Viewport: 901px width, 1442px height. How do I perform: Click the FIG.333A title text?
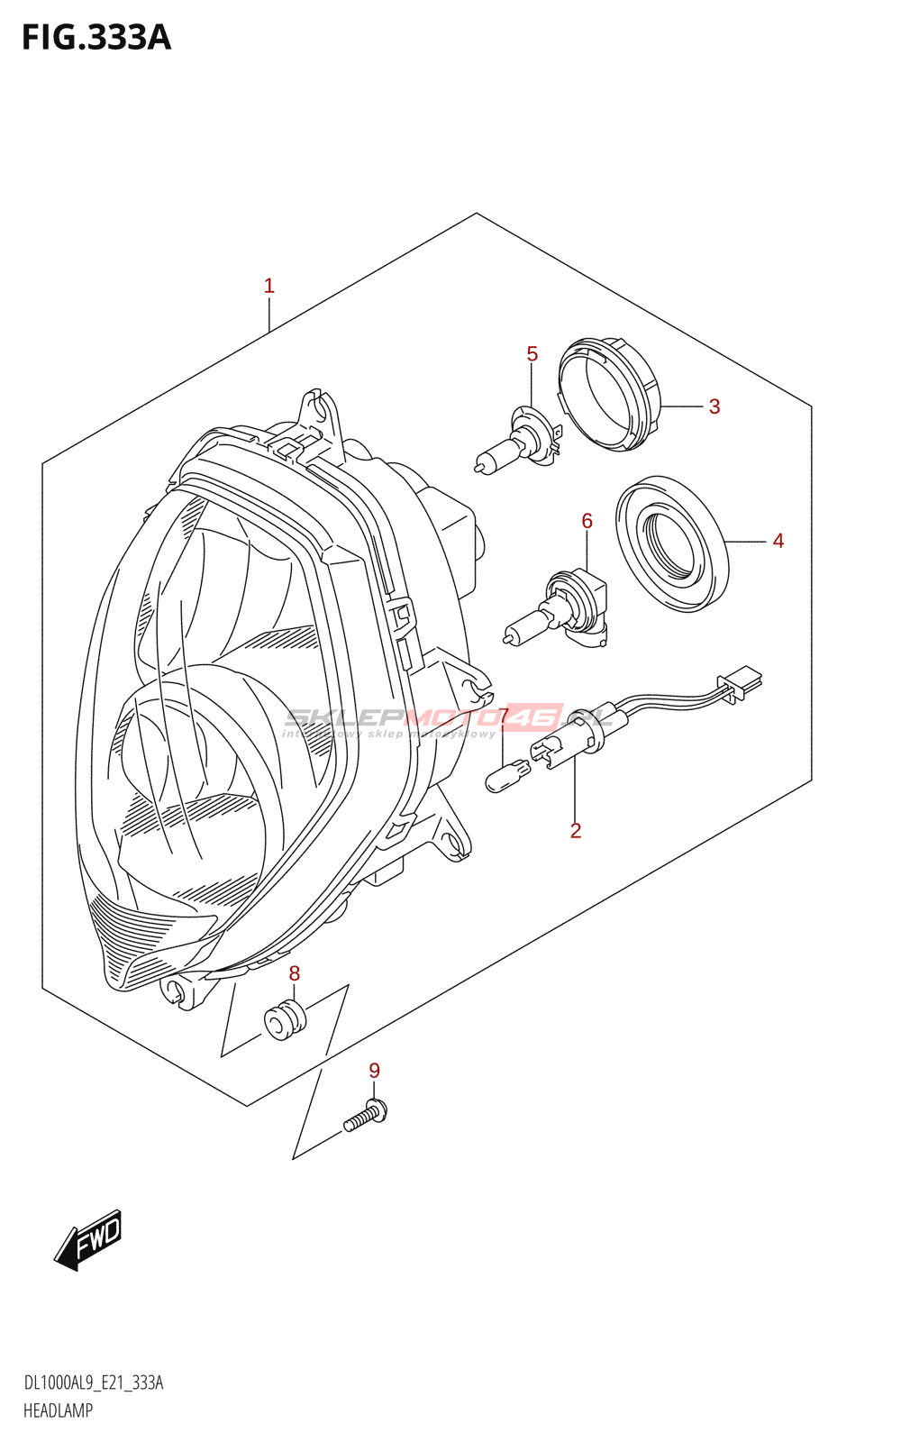click(x=96, y=38)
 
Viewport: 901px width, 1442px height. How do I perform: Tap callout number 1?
click(x=268, y=286)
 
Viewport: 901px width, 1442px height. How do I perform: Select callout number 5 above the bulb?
click(x=532, y=354)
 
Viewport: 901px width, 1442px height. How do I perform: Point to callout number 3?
click(x=714, y=406)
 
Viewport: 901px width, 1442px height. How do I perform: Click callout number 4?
click(x=778, y=541)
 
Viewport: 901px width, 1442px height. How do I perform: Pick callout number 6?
click(x=587, y=521)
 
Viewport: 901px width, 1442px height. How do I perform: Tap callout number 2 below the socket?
click(x=576, y=830)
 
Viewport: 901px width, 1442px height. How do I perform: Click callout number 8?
click(x=295, y=973)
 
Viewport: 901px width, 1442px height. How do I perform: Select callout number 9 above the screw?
click(x=375, y=1071)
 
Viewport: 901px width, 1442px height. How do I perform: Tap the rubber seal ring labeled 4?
click(x=672, y=543)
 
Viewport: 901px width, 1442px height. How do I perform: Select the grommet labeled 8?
click(x=286, y=1020)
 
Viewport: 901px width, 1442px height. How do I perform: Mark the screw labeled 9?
click(x=366, y=1116)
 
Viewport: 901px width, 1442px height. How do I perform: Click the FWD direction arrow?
click(x=88, y=1240)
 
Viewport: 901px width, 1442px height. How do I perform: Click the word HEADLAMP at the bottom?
click(x=58, y=1410)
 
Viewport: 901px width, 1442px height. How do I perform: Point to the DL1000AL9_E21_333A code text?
click(x=94, y=1383)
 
